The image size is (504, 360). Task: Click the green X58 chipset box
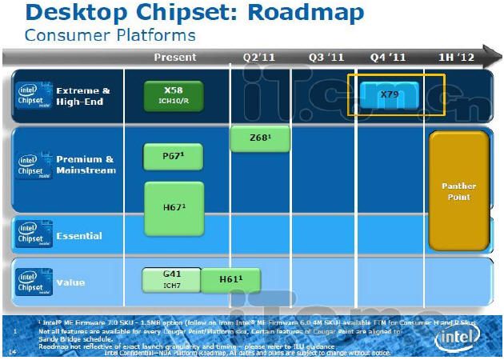174,95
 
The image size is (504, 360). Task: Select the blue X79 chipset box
389,94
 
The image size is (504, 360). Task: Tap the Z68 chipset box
259,138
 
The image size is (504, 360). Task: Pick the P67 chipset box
174,157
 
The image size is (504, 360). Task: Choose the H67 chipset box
174,207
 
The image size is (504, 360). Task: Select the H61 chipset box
230,278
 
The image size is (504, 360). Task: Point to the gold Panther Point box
458,190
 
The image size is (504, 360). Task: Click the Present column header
174,57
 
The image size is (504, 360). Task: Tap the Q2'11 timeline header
260,57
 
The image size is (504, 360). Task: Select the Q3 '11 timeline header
326,57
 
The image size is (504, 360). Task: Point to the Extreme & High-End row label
83,96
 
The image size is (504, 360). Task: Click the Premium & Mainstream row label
86,164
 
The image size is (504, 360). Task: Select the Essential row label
78,235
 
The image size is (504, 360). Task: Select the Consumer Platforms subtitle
110,35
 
